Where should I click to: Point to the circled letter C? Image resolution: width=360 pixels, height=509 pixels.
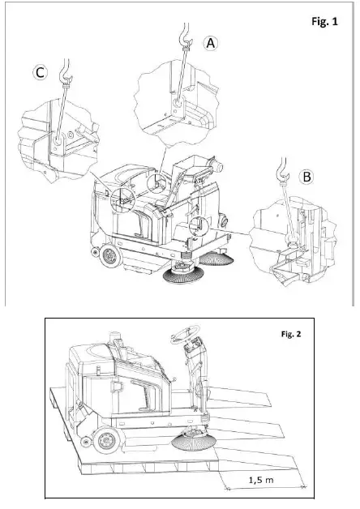(39, 74)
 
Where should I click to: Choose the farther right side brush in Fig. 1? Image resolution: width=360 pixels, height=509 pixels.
(219, 259)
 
